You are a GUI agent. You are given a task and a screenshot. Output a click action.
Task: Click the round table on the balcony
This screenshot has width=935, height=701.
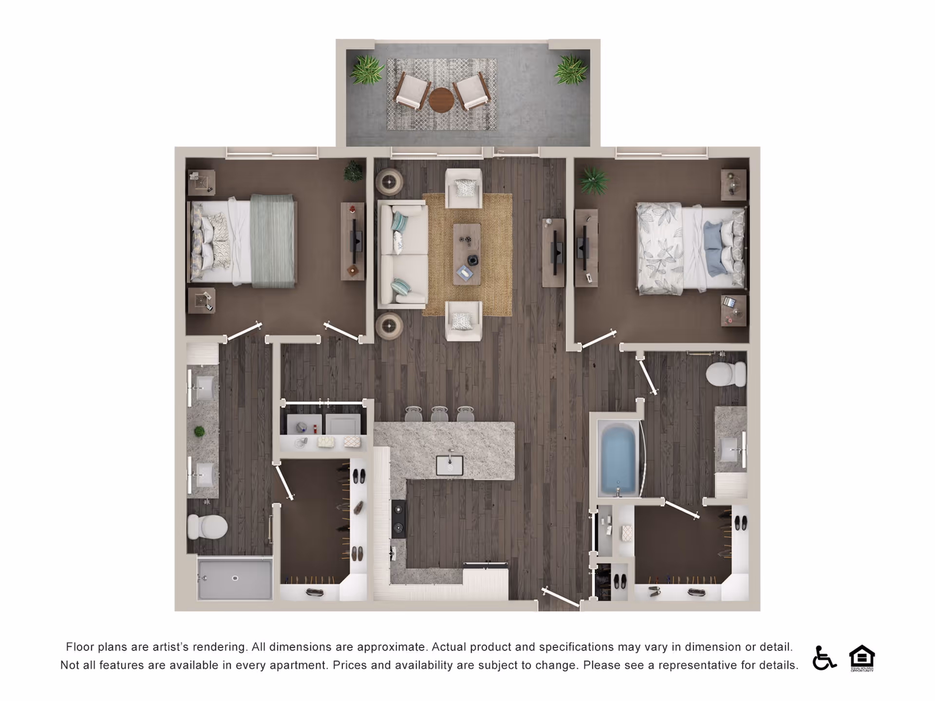pos(441,100)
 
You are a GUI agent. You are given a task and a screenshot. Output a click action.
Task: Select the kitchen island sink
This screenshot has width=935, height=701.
pos(449,465)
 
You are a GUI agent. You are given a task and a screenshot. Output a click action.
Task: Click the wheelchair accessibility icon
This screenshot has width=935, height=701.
pos(823,658)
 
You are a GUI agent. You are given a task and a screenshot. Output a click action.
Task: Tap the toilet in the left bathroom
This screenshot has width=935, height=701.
pos(207,527)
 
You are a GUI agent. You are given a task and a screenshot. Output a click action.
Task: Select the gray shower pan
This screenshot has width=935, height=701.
pos(235,579)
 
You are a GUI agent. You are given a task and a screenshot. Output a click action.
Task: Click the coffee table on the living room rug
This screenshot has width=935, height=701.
pos(467,254)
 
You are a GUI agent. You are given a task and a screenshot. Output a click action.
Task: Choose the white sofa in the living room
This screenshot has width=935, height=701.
pos(402,256)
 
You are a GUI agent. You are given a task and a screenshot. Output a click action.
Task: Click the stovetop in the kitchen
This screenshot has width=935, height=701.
pos(399,519)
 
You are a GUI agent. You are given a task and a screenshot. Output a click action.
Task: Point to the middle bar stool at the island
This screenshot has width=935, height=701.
pos(439,414)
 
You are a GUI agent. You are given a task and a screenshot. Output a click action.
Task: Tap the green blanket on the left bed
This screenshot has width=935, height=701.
pos(273,241)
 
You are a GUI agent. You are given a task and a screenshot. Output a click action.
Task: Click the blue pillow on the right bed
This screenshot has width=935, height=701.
pos(713,248)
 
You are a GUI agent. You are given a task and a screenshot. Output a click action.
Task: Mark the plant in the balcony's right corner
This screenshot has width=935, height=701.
pos(570,69)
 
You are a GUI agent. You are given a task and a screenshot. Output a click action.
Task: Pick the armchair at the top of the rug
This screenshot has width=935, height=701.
pos(464,187)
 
